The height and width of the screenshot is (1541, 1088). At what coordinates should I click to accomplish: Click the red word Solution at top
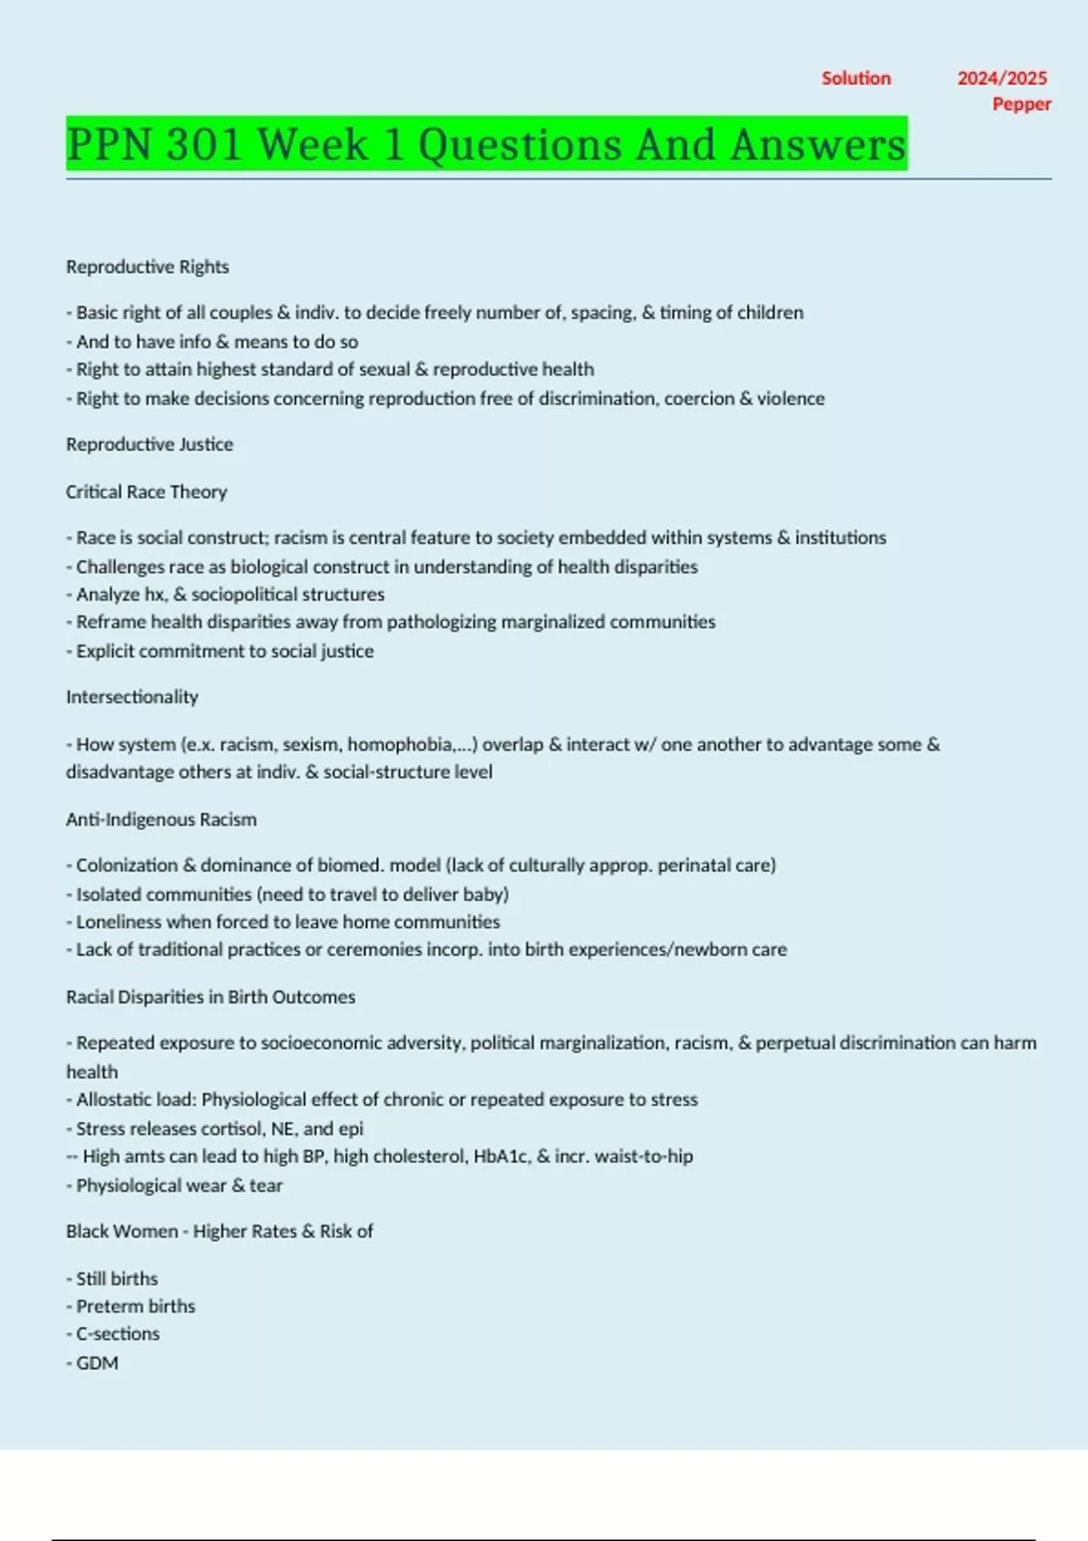[856, 79]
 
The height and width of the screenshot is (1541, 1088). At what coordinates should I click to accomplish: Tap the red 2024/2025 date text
[1002, 79]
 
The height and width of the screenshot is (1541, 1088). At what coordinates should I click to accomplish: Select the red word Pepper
[1022, 104]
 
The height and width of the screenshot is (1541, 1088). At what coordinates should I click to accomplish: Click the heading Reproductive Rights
[147, 267]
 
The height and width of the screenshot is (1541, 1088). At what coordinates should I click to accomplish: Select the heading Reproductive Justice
[150, 444]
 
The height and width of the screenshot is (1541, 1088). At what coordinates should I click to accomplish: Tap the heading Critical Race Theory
[146, 492]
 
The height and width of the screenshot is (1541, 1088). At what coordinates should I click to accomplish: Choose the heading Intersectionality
[131, 697]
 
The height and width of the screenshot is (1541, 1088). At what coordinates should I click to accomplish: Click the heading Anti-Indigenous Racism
[161, 819]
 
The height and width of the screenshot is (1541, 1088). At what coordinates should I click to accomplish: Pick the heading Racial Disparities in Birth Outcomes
[210, 997]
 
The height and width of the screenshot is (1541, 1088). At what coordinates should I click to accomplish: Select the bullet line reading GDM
[97, 1363]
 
